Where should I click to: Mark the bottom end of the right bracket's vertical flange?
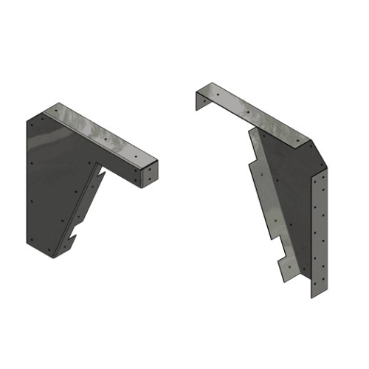[x=313, y=295]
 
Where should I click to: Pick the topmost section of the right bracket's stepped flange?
[x=255, y=159]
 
